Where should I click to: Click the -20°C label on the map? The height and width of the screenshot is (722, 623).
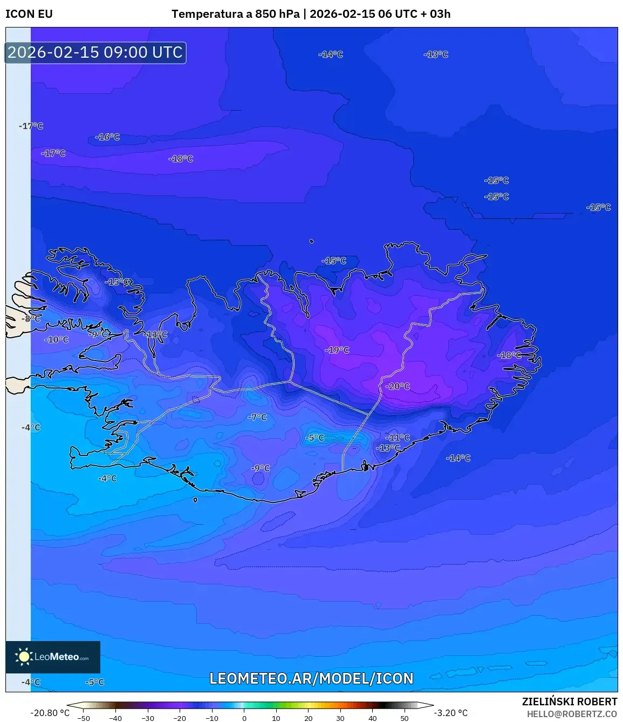398,386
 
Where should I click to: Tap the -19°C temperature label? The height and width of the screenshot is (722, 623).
337,350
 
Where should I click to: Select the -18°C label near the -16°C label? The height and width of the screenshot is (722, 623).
181,159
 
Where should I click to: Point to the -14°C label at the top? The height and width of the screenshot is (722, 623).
331,55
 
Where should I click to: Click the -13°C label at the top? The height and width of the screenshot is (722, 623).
436,55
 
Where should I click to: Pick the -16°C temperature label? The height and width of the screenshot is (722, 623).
107,137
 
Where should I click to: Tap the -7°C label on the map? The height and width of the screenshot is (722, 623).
257,417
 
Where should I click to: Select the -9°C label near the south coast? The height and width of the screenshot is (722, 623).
261,468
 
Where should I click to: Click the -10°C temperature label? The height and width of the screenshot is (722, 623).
57,340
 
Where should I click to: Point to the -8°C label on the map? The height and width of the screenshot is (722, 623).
32,319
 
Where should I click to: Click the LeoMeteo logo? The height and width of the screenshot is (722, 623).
53,657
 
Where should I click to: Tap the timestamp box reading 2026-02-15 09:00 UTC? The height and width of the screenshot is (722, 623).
95,53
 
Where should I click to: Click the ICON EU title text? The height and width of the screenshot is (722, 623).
29,14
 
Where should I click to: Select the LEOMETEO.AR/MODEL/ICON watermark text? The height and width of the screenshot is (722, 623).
311,678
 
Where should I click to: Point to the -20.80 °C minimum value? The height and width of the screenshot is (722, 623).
50,713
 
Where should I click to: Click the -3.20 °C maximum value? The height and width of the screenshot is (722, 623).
450,713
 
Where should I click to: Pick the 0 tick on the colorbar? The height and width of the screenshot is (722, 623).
244,718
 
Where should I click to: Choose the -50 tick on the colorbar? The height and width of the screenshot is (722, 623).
84,718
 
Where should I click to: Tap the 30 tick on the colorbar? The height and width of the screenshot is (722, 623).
340,718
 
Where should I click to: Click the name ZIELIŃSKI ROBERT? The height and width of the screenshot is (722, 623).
569,701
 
